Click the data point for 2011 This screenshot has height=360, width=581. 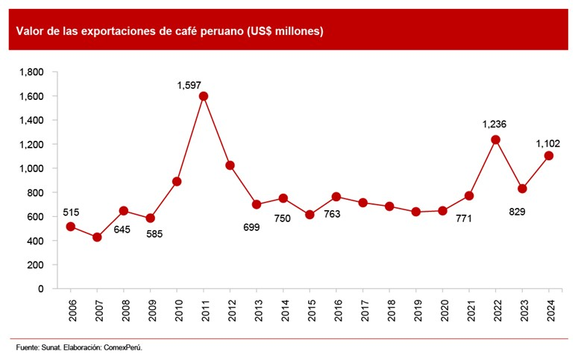[204, 96]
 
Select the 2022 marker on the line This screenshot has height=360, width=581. [496, 140]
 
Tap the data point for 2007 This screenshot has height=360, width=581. [97, 237]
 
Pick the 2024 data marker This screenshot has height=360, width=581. [550, 156]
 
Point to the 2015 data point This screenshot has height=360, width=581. [310, 215]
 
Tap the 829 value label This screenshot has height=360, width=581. [517, 212]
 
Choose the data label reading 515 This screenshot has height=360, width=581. [70, 212]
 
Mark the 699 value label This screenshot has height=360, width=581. [251, 227]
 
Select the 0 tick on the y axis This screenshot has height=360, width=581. [42, 288]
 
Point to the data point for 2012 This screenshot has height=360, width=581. [230, 165]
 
